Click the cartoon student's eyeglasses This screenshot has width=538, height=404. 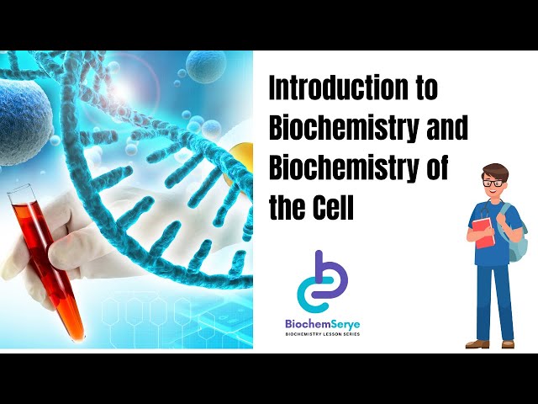click(493, 183)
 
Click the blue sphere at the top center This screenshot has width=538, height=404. click(206, 68)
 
